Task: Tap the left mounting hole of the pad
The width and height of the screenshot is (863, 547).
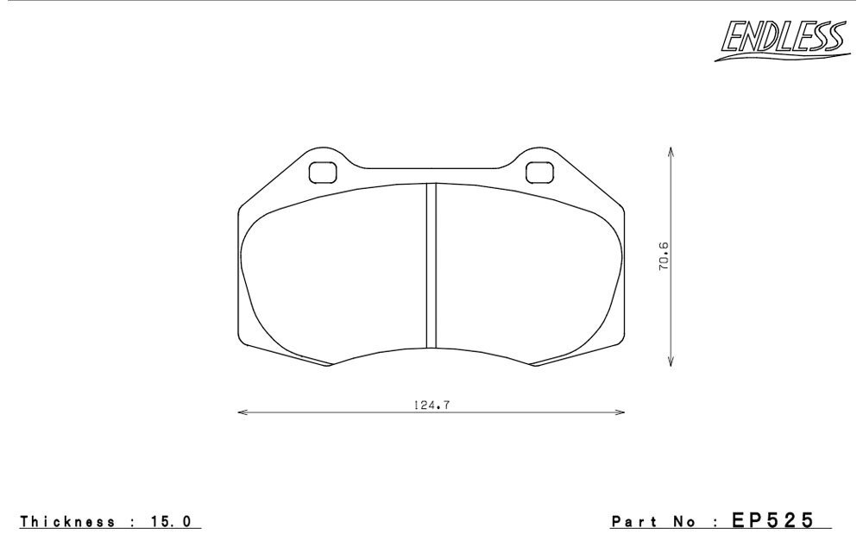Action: (x=323, y=173)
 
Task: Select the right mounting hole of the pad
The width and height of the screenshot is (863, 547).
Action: (x=539, y=173)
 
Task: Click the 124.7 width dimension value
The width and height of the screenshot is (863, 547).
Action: (x=432, y=405)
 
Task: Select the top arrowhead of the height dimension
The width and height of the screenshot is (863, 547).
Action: (x=671, y=152)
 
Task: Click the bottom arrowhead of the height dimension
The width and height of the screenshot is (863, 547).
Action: (x=671, y=361)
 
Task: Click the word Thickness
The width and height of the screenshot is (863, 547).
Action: (x=67, y=522)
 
